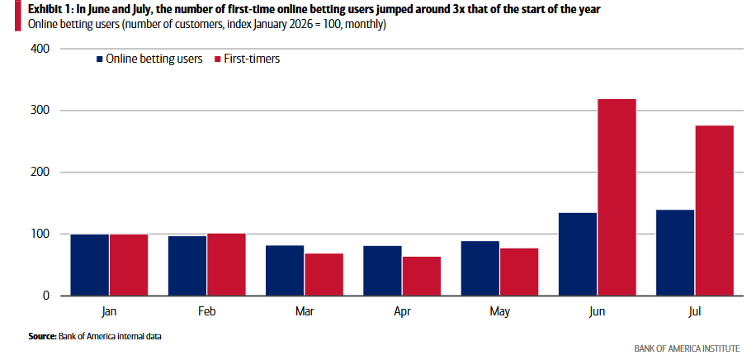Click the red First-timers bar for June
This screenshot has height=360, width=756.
click(617, 197)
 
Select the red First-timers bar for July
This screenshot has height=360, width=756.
click(715, 211)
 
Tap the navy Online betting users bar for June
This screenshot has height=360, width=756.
click(578, 253)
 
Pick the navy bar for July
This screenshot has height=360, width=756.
click(675, 253)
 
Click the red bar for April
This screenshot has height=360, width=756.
click(422, 276)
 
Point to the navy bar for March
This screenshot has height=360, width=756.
click(285, 270)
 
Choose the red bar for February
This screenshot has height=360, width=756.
click(226, 264)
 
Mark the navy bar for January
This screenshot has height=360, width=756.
click(90, 265)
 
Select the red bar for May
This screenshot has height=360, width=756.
click(519, 272)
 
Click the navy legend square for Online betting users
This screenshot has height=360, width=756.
click(99, 59)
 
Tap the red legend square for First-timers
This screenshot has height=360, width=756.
click(216, 59)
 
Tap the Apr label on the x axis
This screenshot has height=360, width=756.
click(402, 311)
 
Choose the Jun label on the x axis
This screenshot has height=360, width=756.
click(597, 311)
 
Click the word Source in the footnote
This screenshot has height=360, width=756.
click(42, 336)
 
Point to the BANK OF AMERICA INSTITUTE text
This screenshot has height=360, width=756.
click(687, 348)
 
